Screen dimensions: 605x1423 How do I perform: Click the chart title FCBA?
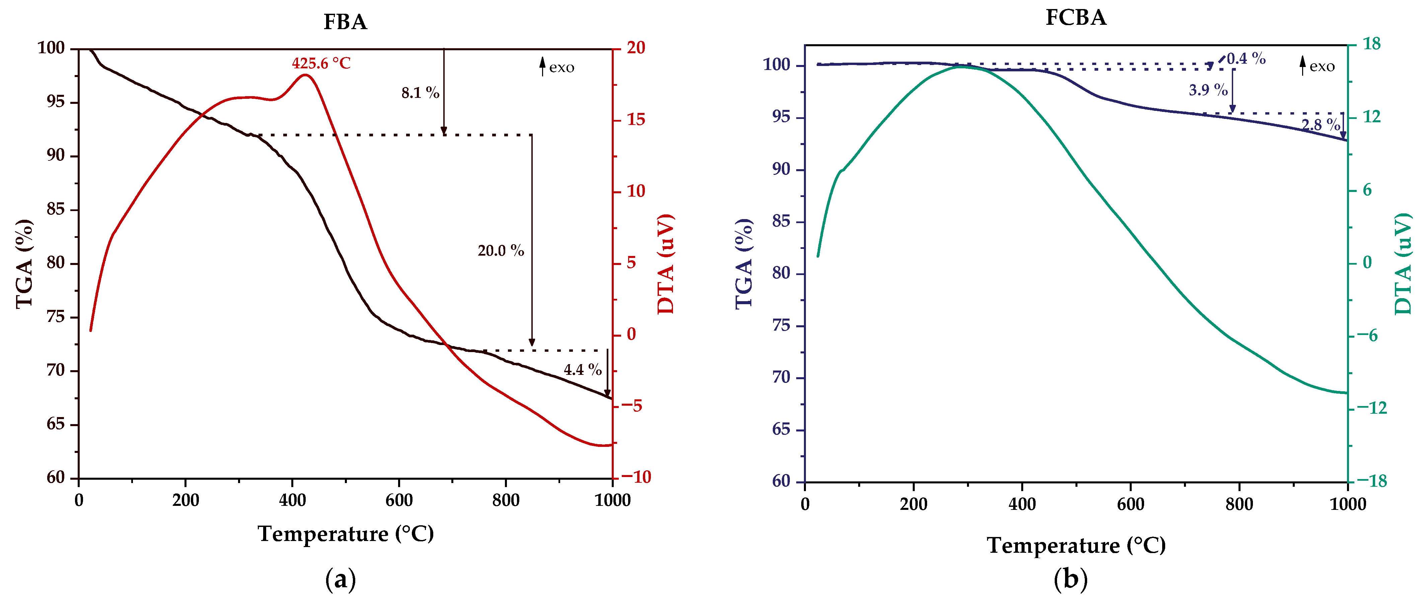[x=1075, y=18]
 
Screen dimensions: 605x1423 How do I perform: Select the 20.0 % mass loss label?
[x=501, y=251]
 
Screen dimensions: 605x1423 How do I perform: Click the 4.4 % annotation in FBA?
[x=582, y=369]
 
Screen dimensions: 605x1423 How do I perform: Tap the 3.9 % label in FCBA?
[x=1208, y=90]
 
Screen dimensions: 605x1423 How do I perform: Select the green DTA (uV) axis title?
[x=1403, y=264]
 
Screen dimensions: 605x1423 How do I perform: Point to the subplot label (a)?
[x=341, y=580]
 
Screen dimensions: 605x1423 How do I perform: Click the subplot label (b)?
[x=1070, y=580]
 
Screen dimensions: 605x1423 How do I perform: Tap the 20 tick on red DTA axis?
[x=636, y=48]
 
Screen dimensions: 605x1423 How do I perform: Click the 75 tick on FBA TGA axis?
[x=56, y=317]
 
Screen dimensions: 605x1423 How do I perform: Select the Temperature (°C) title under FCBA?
[x=1076, y=545]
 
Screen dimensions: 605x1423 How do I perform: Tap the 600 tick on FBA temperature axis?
[x=399, y=500]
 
